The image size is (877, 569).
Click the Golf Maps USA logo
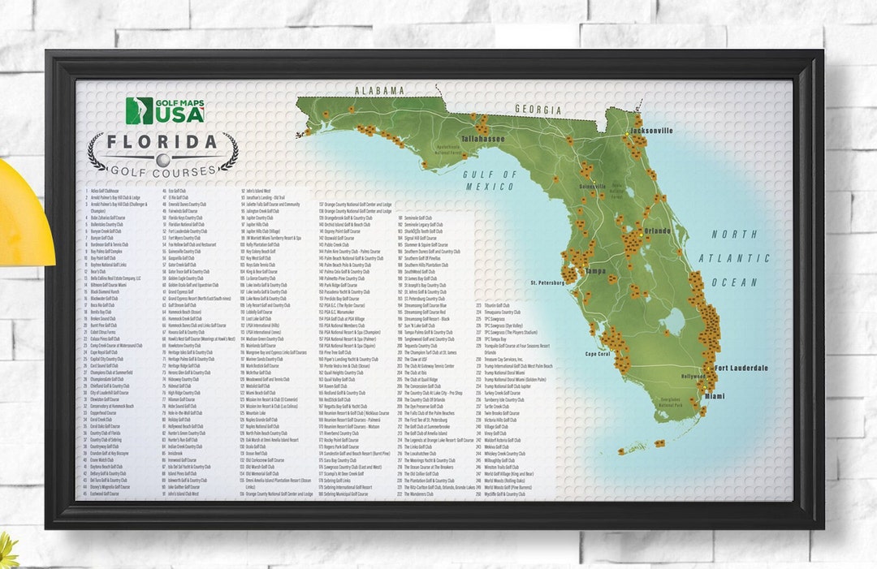[164, 110]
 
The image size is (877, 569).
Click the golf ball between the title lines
[163, 159]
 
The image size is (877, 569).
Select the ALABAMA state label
[378, 91]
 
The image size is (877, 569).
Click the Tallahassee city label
[483, 139]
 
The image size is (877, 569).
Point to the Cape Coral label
[598, 354]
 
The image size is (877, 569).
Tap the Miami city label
[714, 396]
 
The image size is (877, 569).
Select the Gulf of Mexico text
[490, 180]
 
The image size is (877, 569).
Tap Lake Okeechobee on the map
[673, 322]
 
